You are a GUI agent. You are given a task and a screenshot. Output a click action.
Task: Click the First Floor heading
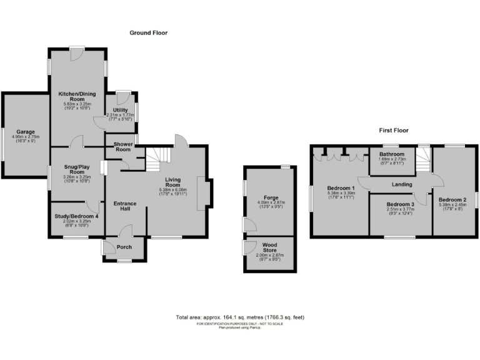pyautogui.click(x=393, y=131)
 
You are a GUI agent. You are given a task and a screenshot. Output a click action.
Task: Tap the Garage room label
pyautogui.click(x=25, y=132)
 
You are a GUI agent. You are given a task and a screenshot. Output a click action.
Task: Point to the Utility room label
pyautogui.click(x=120, y=110)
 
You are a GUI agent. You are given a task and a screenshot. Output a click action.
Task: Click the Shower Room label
pyautogui.click(x=122, y=147)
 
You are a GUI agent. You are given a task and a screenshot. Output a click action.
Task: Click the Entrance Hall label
pyautogui.click(x=125, y=207)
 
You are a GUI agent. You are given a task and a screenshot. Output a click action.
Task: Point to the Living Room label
pyautogui.click(x=173, y=182)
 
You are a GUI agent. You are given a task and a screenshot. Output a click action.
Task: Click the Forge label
pyautogui.click(x=271, y=197)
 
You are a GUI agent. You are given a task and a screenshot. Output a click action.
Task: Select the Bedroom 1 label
pyautogui.click(x=341, y=188)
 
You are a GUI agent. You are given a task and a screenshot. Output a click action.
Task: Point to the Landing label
pyautogui.click(x=402, y=184)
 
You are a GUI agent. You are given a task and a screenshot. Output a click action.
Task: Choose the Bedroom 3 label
pyautogui.click(x=400, y=204)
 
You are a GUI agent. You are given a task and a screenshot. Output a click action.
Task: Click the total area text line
pyautogui.click(x=240, y=317)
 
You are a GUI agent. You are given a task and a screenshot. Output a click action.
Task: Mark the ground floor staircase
pyautogui.click(x=160, y=159)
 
